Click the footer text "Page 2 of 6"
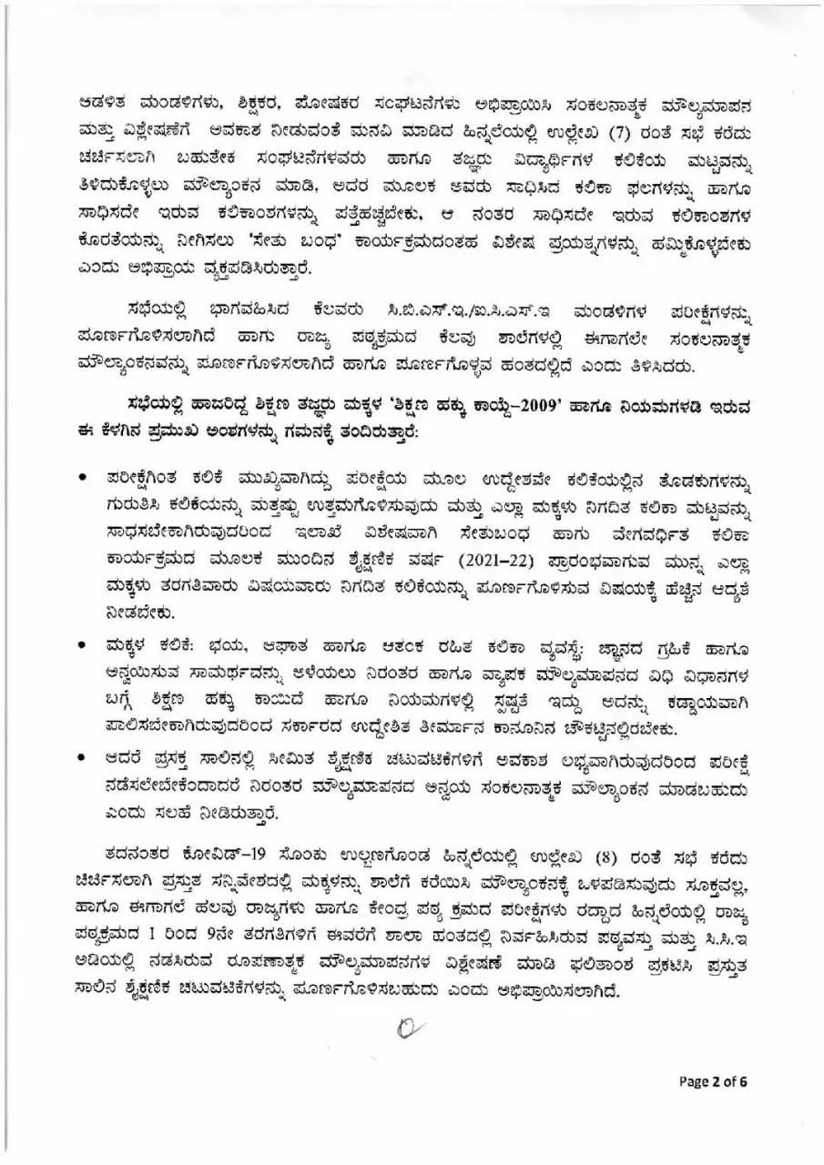(713, 1081)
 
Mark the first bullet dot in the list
(84, 476)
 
